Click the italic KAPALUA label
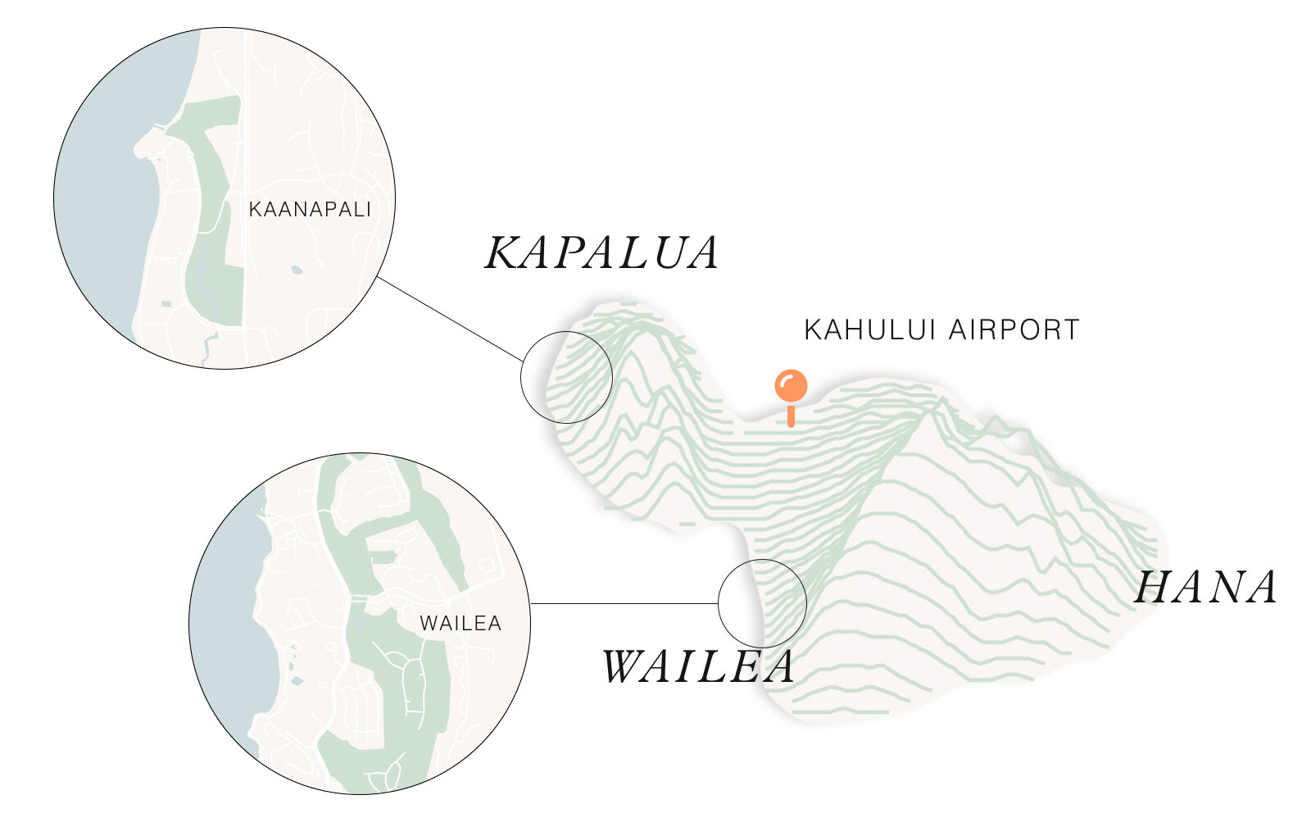[602, 252]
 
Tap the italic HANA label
[1206, 588]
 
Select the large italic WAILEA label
[698, 666]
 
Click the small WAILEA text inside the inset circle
[460, 624]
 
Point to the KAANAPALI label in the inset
[310, 210]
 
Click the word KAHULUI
[872, 329]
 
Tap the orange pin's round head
[791, 385]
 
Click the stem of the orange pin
[791, 416]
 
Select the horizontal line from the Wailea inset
[623, 604]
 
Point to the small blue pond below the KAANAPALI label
[296, 269]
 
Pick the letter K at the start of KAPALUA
[501, 252]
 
